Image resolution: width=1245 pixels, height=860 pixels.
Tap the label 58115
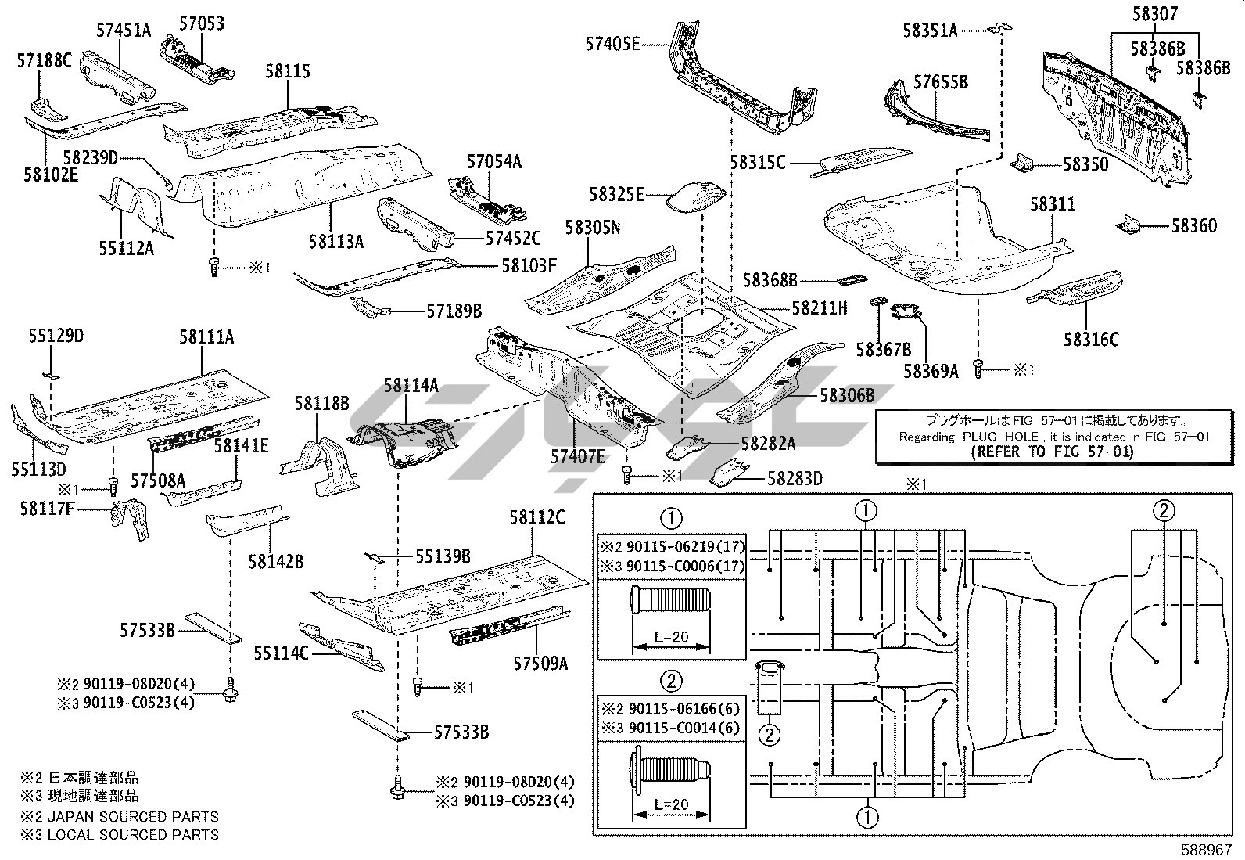click(288, 71)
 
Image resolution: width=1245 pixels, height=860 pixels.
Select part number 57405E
click(612, 44)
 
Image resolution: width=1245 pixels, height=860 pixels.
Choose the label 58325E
click(617, 194)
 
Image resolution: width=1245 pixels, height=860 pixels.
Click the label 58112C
click(537, 517)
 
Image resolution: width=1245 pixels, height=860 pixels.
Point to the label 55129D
click(56, 336)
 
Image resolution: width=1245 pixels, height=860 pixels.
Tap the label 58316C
click(1091, 339)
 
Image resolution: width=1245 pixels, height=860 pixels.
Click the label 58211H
click(820, 308)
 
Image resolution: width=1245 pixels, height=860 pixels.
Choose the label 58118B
click(321, 403)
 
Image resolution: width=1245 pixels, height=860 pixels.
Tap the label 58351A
click(930, 31)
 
